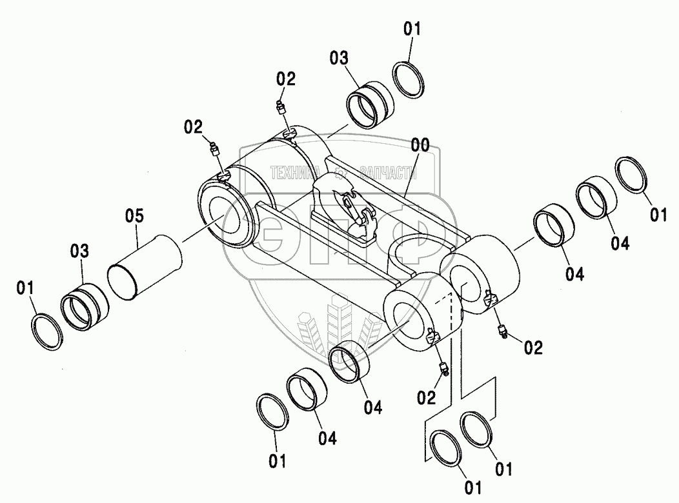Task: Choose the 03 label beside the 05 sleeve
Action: pyautogui.click(x=81, y=250)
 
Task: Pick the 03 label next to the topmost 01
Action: pyautogui.click(x=339, y=59)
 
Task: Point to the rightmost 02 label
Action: pyautogui.click(x=533, y=348)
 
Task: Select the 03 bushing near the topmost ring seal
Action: pyautogui.click(x=370, y=103)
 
